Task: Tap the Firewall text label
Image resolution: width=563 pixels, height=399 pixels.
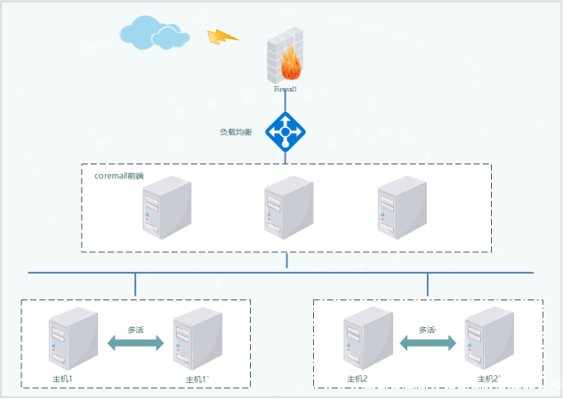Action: [286, 89]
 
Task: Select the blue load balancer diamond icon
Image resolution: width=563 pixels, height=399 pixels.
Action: [286, 132]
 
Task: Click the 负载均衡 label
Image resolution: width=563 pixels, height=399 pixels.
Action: [236, 132]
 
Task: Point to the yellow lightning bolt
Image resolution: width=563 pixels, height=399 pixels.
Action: [222, 36]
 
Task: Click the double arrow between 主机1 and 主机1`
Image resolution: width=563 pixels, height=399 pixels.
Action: [135, 343]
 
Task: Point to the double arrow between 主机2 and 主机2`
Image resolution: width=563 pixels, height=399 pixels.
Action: [427, 342]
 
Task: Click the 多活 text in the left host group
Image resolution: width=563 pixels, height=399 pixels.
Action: [136, 329]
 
